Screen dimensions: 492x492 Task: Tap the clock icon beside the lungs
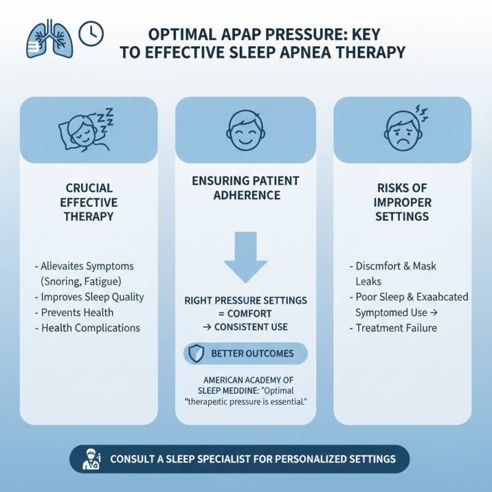(92, 33)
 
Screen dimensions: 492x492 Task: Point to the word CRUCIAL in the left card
(91, 188)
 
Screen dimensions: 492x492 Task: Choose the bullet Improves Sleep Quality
(89, 297)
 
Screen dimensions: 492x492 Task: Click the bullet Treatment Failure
(397, 328)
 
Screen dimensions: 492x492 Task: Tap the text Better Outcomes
(252, 354)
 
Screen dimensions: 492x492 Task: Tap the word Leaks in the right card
(368, 281)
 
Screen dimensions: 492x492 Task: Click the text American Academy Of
(246, 379)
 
